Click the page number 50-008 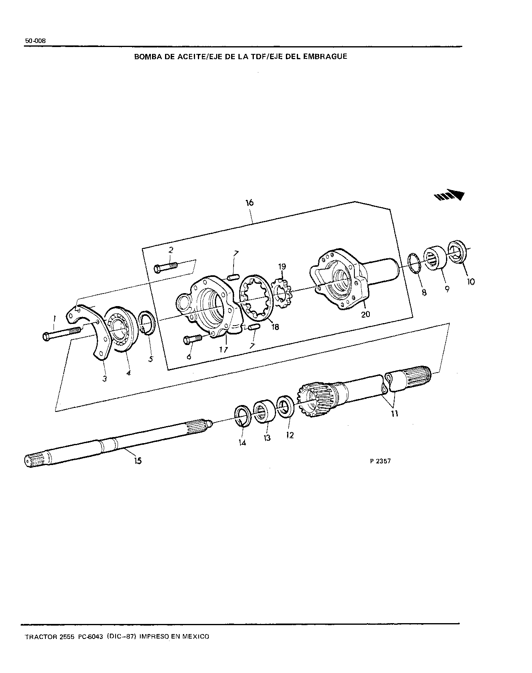(35, 41)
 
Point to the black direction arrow (449, 195)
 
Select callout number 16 (249, 203)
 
